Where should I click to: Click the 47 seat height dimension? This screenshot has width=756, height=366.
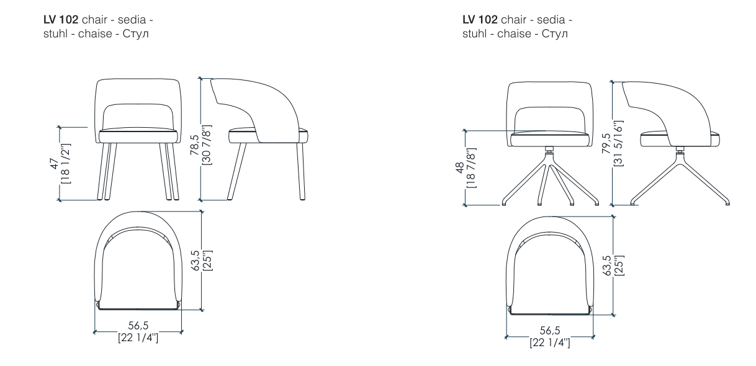[55, 164]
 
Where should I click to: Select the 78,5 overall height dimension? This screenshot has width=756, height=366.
[195, 145]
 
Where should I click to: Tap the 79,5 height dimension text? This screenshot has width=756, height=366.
[606, 143]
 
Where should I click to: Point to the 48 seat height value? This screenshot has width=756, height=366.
[460, 168]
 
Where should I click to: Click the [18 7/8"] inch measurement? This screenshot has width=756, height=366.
[471, 168]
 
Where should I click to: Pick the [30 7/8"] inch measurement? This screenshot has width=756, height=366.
[206, 145]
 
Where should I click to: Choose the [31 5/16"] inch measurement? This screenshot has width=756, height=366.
[618, 143]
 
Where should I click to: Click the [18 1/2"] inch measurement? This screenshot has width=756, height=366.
[65, 164]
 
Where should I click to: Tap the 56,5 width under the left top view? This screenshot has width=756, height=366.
[138, 326]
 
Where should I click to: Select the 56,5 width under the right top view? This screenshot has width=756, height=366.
[550, 330]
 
